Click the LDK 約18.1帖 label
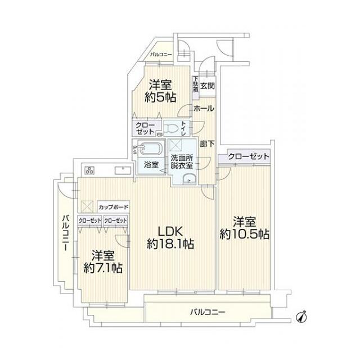[x=170, y=237]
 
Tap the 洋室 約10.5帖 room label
[x=244, y=228]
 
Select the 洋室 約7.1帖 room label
[x=102, y=262]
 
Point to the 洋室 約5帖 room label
[x=160, y=91]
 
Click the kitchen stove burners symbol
[x=89, y=170]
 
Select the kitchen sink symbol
[x=123, y=170]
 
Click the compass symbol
[x=301, y=317]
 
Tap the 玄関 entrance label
[x=208, y=86]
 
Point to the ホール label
[x=204, y=108]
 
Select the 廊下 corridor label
[x=207, y=144]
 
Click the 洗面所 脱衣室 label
[x=182, y=161]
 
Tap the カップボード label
[x=113, y=207]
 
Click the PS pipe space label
[x=135, y=150]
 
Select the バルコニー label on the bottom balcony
[x=208, y=312]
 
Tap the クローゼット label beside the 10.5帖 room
[x=249, y=156]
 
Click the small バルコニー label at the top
[x=161, y=55]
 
